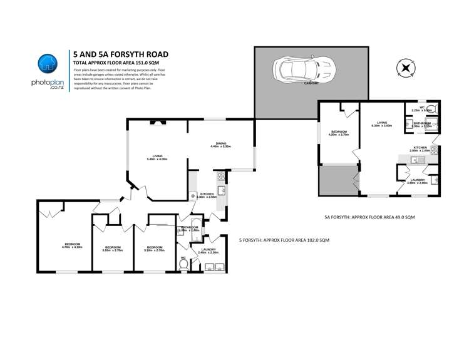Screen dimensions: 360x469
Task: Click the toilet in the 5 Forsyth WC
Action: click(x=184, y=264)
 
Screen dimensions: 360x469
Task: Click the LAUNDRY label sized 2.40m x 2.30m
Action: click(x=209, y=250)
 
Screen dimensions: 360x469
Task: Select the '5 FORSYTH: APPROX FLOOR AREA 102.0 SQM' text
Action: click(x=284, y=240)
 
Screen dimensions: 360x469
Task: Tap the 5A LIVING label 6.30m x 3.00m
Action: click(x=381, y=124)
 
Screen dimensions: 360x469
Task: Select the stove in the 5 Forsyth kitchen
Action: click(x=221, y=176)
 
